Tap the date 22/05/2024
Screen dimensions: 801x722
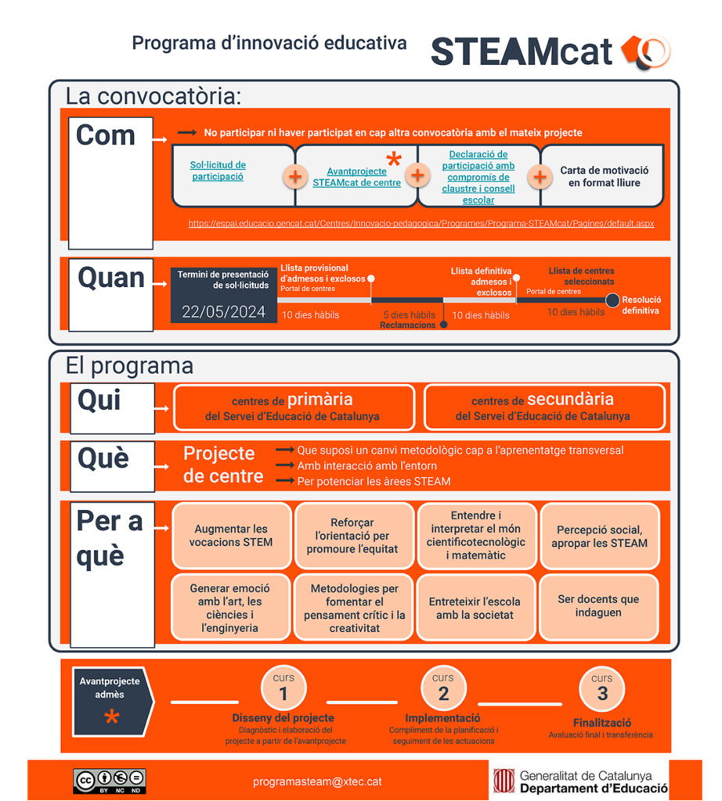[224, 311]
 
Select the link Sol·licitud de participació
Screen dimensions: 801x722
[218, 171]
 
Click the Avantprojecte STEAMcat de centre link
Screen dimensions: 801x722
[356, 177]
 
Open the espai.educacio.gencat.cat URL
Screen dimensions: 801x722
[421, 224]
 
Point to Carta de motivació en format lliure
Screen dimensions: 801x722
[604, 176]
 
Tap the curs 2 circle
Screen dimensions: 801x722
[443, 688]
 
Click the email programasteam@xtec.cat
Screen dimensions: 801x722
[317, 781]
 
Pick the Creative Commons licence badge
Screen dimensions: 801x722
[110, 780]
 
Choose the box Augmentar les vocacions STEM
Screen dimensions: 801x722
[231, 536]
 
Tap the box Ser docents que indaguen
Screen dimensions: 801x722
[598, 606]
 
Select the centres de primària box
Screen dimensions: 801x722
[293, 407]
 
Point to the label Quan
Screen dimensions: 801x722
[111, 278]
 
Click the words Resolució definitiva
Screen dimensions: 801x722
[641, 305]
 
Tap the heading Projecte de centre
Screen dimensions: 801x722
[219, 465]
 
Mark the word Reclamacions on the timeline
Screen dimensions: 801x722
[407, 325]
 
